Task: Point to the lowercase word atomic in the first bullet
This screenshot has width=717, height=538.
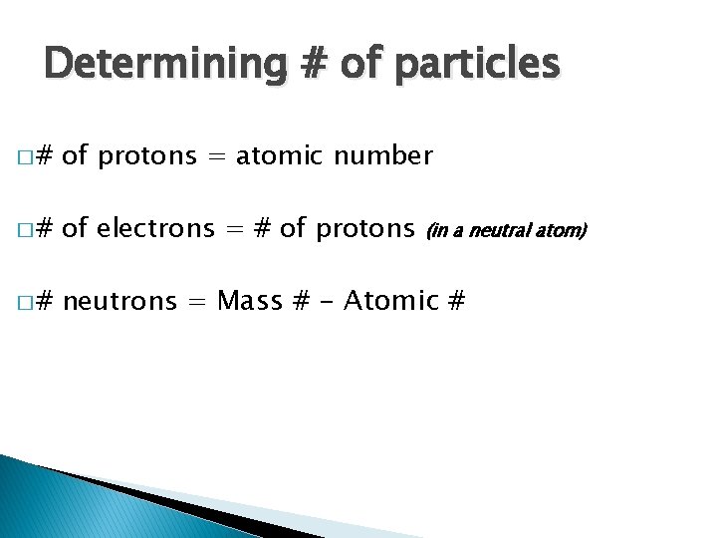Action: click(282, 156)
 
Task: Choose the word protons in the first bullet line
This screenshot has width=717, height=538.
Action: click(147, 157)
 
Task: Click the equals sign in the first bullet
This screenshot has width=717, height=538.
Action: click(216, 157)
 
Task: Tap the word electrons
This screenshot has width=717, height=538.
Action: click(157, 229)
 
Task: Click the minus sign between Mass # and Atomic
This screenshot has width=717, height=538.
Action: click(325, 302)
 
